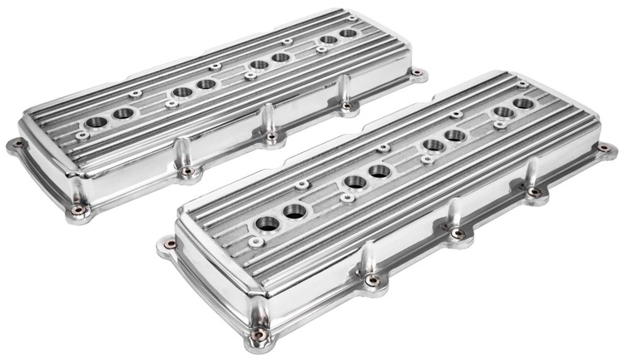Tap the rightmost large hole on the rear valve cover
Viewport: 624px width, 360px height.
[x=348, y=34]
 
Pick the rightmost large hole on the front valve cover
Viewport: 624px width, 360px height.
[x=523, y=104]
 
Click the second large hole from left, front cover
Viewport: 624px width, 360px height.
[x=295, y=212]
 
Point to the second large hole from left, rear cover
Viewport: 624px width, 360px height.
[x=123, y=112]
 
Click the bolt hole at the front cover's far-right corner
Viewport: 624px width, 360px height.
[x=603, y=148]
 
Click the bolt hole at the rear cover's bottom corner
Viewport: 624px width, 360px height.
[x=77, y=210]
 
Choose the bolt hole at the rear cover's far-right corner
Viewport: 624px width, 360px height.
[x=416, y=72]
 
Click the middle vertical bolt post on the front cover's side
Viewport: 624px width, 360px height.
[x=454, y=217]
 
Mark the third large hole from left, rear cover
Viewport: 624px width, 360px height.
[x=181, y=92]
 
